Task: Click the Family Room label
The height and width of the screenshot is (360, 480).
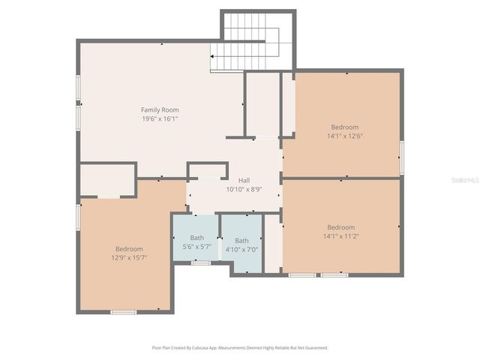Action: coord(160,110)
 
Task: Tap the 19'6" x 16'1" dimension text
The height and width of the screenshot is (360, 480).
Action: coord(160,118)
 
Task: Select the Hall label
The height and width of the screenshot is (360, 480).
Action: coord(244,181)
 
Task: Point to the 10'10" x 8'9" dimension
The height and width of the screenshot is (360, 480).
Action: coord(244,190)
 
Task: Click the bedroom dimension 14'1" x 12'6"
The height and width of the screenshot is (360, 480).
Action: coord(345,136)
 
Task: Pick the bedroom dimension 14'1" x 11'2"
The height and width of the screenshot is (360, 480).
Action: coord(340,236)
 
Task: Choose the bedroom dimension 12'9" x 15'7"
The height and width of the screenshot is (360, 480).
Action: coord(129,257)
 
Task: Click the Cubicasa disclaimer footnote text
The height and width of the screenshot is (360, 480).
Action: coord(240,348)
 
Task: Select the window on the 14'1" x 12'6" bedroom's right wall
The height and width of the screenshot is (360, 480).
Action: coord(402,157)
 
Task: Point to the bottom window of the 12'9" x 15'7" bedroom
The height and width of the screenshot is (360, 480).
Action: coord(124,311)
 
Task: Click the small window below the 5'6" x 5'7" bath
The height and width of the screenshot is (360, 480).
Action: coord(200,262)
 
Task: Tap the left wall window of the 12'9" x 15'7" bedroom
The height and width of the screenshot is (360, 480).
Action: coord(78,217)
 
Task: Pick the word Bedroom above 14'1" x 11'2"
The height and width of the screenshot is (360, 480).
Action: coord(340,227)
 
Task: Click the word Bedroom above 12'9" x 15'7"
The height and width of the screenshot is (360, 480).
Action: coord(129,249)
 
